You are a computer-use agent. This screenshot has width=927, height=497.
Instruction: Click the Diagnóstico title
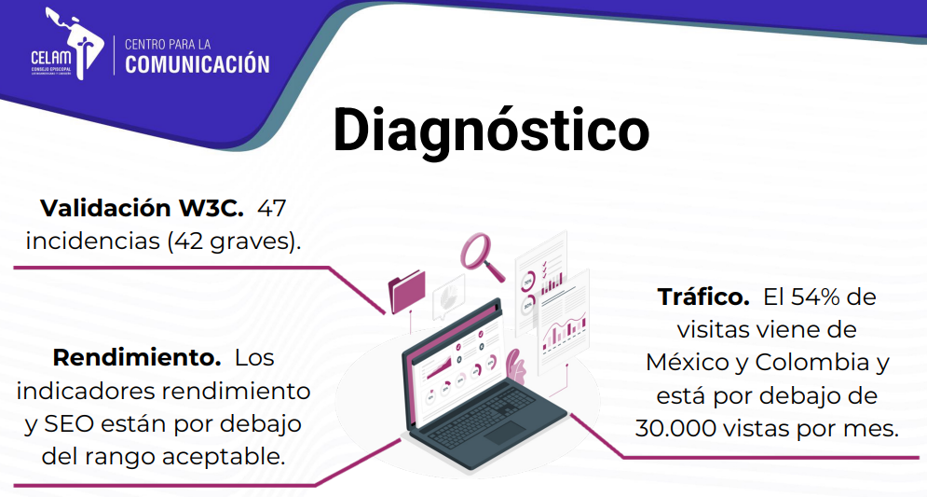point(491,131)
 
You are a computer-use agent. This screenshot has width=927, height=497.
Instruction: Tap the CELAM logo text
point(51,58)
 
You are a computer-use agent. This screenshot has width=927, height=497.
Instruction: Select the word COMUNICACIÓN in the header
point(198,64)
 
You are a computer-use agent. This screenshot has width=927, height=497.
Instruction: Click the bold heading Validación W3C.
point(142,208)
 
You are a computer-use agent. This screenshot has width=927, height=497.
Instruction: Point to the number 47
point(272,208)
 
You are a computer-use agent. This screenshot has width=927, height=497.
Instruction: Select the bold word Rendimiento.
point(137,357)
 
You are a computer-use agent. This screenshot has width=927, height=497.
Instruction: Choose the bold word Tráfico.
point(703,297)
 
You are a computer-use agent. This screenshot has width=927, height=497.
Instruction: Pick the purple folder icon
point(407,291)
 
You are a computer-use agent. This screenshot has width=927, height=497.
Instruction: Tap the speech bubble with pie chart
point(449,297)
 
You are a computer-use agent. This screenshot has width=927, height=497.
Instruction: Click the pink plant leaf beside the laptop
point(515,366)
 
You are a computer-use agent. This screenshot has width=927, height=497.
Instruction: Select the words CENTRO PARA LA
point(168,45)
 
